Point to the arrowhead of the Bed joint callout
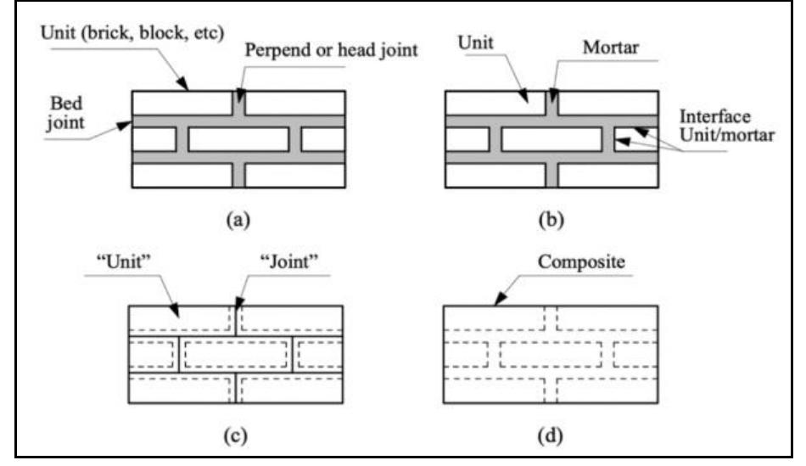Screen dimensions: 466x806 click(129, 125)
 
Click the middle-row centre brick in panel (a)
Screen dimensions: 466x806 click(238, 139)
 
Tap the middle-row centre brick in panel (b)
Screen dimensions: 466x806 click(551, 139)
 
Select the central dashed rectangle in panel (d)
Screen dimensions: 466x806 click(551, 353)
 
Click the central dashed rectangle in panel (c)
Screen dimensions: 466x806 click(236, 353)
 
